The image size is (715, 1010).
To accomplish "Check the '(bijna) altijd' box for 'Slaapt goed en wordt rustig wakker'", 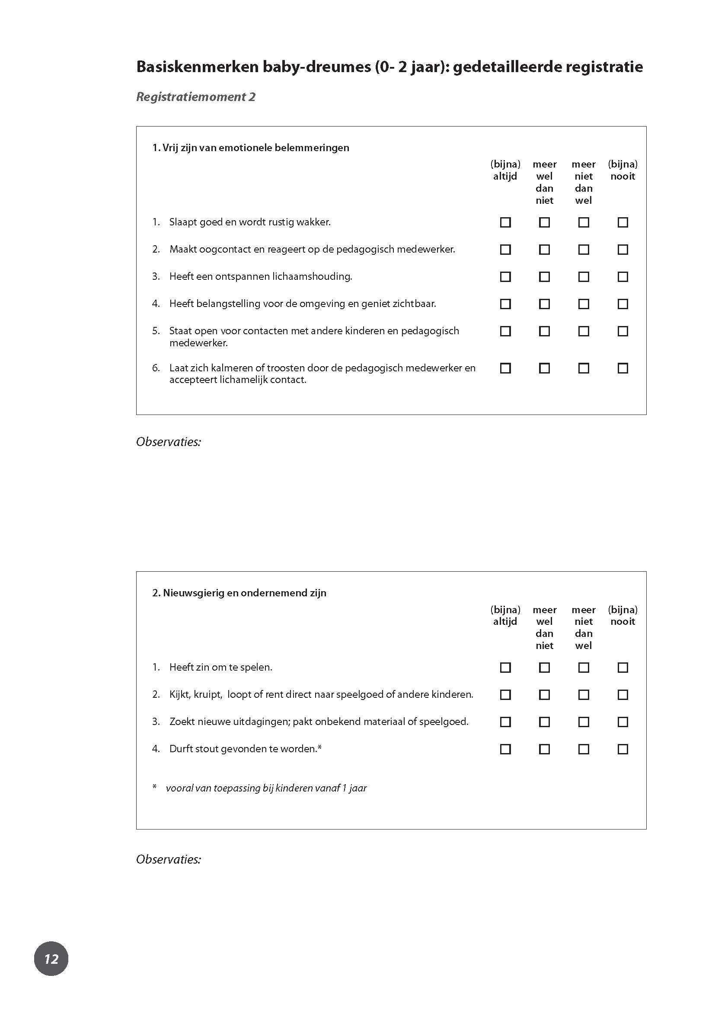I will point(505,222).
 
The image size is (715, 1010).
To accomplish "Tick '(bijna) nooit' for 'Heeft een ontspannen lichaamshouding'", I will point(622,277).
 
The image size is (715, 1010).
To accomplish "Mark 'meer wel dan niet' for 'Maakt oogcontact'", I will point(544,250).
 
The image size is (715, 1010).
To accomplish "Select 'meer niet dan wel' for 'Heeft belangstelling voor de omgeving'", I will point(583,304).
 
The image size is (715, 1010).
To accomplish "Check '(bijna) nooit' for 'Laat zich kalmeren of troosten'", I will point(622,368).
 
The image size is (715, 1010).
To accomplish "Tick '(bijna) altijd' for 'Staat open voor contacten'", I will point(505,331).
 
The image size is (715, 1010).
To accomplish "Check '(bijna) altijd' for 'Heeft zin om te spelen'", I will point(505,668).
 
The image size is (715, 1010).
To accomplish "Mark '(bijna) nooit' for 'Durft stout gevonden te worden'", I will point(622,749).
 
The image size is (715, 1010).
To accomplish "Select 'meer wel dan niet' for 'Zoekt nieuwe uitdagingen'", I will point(544,722).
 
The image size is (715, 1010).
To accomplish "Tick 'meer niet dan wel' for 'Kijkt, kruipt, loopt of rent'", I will point(583,695).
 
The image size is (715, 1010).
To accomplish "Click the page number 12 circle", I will point(51,959).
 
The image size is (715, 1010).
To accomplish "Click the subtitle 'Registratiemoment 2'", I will point(195,97).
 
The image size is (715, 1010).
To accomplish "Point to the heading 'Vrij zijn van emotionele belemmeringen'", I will point(251,148).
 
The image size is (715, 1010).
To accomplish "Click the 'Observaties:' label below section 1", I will point(168,442).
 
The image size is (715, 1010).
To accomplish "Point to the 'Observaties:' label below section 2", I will point(168,859).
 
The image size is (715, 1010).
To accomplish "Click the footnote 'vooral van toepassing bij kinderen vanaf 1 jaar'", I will point(266,788).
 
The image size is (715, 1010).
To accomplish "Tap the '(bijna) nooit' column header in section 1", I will point(622,170).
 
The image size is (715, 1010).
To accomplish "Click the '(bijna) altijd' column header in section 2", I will point(505,615).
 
